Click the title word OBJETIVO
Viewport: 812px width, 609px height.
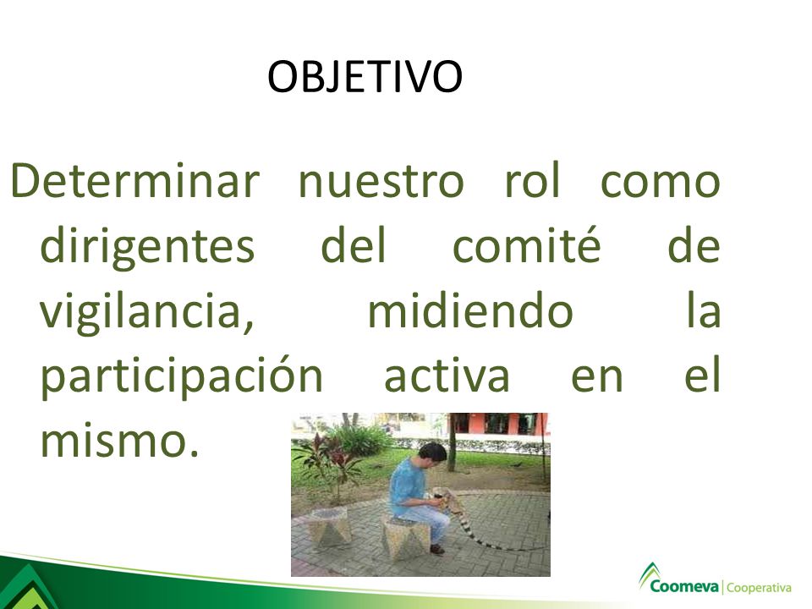(365, 77)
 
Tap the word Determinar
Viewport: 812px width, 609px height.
(134, 180)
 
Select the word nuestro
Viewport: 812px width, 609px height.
(381, 183)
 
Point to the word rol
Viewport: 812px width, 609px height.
(533, 180)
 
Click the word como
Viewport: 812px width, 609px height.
(661, 184)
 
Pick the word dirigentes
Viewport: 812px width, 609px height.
(147, 246)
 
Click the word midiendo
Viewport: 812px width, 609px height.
(470, 310)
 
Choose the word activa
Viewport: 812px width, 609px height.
(447, 375)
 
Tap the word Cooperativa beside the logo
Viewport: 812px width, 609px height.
(760, 589)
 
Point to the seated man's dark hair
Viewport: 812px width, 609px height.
(432, 452)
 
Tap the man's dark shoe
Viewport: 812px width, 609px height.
(437, 550)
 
